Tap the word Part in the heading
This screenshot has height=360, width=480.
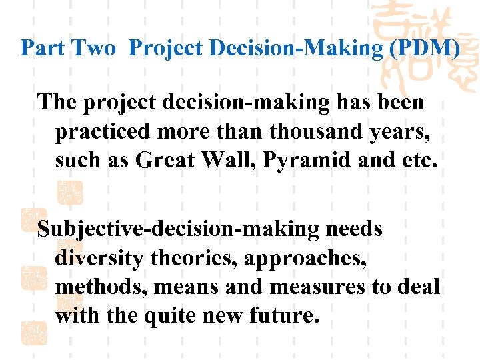coord(42,48)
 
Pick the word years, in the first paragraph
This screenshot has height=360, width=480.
coord(402,131)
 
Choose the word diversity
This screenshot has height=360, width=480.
coord(99,258)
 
